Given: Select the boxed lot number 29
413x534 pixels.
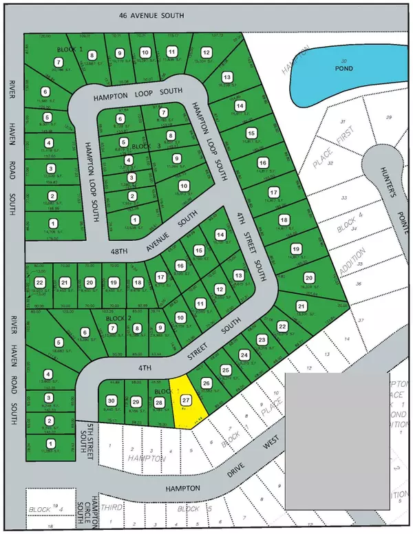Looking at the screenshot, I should [136, 402].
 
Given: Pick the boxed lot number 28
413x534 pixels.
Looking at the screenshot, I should [159, 403].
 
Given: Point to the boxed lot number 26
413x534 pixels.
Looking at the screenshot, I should [206, 383].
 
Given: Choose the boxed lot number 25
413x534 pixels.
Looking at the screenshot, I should [225, 370].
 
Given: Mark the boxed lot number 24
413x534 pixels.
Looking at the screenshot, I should [244, 355].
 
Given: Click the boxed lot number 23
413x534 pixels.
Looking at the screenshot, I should [262, 340].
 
